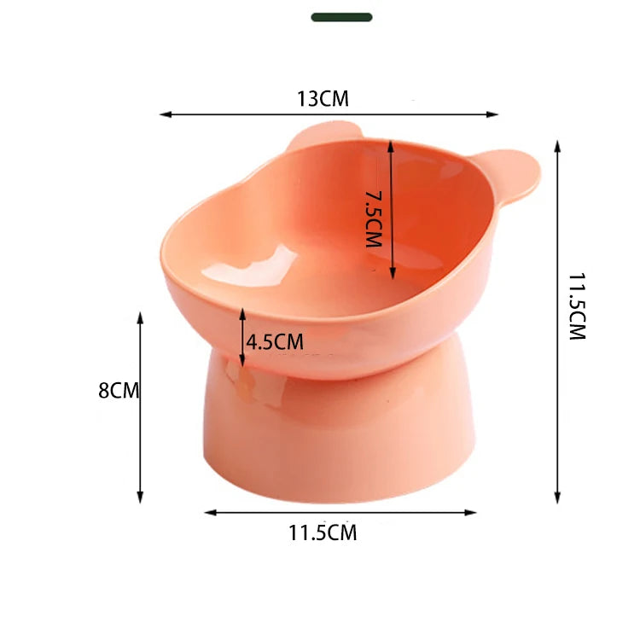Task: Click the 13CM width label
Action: [323, 99]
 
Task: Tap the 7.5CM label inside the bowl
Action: [373, 220]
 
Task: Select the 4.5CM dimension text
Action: [275, 342]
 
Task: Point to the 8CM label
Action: [119, 391]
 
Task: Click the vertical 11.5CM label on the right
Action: [578, 307]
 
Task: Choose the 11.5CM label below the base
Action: [323, 534]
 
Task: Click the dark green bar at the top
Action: [341, 17]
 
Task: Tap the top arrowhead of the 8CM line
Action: [140, 317]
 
